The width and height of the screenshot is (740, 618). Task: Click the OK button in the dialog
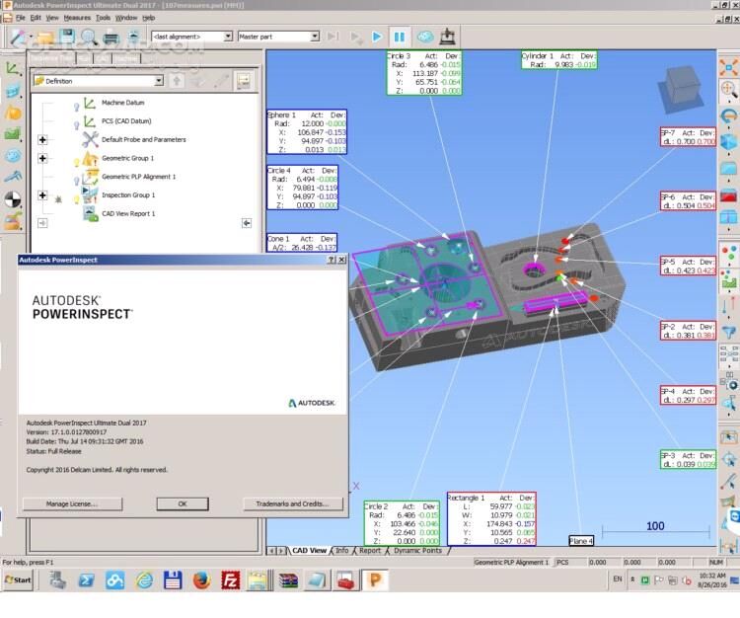[183, 503]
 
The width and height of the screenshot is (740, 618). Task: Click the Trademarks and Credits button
[291, 503]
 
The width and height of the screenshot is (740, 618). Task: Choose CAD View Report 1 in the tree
[128, 213]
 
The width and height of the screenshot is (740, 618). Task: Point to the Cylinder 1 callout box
[558, 60]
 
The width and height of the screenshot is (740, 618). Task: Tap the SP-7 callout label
[688, 137]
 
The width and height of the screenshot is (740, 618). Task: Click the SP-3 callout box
[688, 458]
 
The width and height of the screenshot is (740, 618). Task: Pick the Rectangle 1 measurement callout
[491, 518]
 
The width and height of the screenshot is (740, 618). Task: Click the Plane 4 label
[582, 541]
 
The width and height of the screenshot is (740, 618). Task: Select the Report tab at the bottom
[370, 550]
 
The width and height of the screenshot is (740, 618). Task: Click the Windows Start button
[17, 581]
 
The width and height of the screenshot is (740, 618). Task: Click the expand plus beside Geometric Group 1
[42, 158]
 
